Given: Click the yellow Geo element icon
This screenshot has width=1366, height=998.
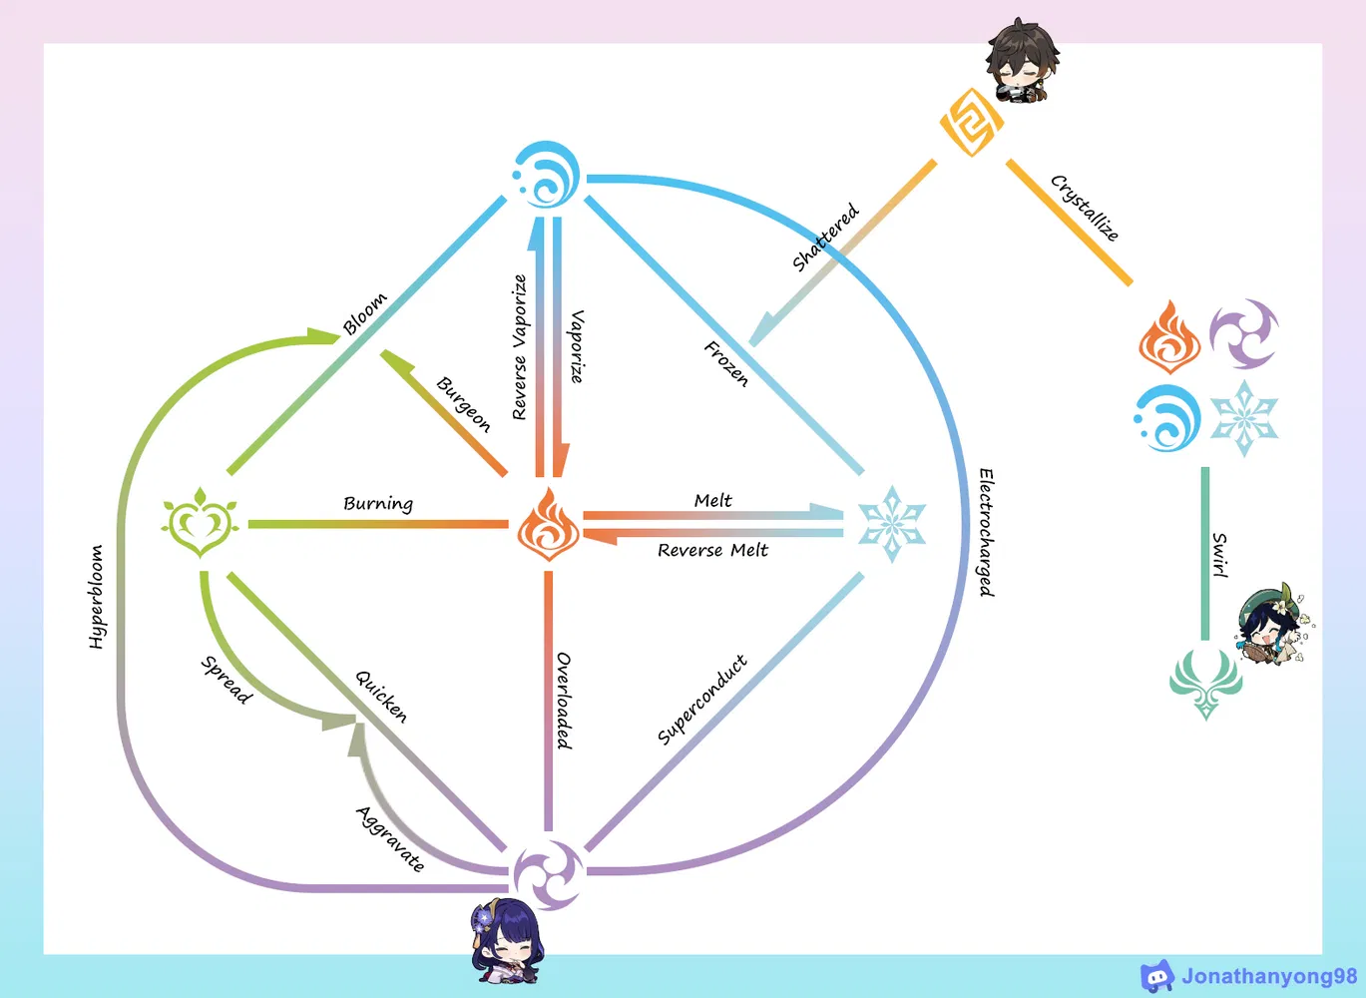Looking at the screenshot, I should [971, 123].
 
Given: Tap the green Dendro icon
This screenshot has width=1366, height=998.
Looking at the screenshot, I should [200, 522].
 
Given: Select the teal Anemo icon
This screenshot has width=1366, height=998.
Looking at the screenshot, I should [1205, 683].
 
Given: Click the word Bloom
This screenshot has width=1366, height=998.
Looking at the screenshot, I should [364, 313].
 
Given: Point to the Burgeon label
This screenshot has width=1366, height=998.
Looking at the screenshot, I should [464, 404].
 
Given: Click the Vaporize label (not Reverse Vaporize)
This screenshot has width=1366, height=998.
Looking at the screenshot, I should [577, 346].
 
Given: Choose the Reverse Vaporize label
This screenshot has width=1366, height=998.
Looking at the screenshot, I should [519, 347].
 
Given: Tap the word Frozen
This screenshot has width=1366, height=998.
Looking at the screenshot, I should [726, 363].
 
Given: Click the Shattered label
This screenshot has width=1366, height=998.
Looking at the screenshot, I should [825, 238].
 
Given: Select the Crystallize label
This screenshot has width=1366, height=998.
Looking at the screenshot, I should [1085, 208].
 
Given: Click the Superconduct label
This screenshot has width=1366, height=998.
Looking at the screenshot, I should [701, 700].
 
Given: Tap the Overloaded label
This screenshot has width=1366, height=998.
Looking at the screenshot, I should [564, 701].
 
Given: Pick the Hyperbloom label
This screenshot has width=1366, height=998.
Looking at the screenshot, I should [96, 597].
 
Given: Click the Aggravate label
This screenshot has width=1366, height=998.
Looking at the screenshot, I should [390, 838].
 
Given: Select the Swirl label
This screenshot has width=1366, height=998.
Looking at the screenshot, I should [1219, 555].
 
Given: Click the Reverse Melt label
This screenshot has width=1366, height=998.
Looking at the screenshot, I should [712, 550].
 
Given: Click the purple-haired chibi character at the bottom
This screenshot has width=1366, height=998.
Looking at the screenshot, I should [508, 941].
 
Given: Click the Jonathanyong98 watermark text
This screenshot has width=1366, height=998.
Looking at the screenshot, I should [1269, 976].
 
